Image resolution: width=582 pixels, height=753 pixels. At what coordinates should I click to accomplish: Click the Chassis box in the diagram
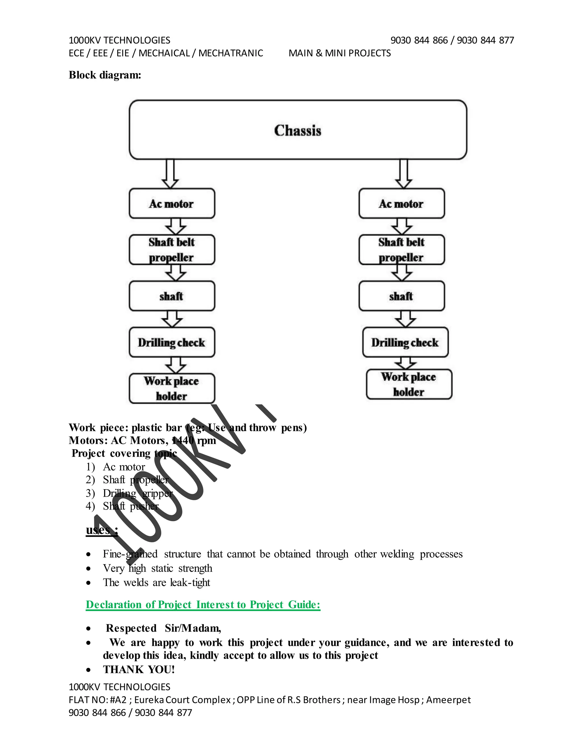298,130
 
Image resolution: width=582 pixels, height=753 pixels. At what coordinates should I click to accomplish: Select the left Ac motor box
172,203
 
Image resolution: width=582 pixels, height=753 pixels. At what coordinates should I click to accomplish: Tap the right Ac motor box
401,203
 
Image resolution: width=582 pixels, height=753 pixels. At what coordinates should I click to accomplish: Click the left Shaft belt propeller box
172,249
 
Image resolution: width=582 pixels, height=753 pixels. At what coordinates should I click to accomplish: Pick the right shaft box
401,296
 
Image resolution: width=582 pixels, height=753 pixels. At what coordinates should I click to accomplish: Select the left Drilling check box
172,342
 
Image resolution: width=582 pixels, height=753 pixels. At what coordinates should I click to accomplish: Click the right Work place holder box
409,384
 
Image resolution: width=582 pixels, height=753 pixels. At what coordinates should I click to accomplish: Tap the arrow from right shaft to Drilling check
406,319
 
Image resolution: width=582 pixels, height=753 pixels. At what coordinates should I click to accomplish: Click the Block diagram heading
105,75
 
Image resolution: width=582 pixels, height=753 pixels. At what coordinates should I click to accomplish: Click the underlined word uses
98,530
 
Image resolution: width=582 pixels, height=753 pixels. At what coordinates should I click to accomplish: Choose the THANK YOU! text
139,669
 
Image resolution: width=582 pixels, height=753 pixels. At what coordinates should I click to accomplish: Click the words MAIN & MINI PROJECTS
340,53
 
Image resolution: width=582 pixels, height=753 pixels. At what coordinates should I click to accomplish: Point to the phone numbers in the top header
452,40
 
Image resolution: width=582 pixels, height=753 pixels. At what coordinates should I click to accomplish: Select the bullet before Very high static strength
89,568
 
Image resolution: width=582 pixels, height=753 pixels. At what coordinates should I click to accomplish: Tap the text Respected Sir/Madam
163,628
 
